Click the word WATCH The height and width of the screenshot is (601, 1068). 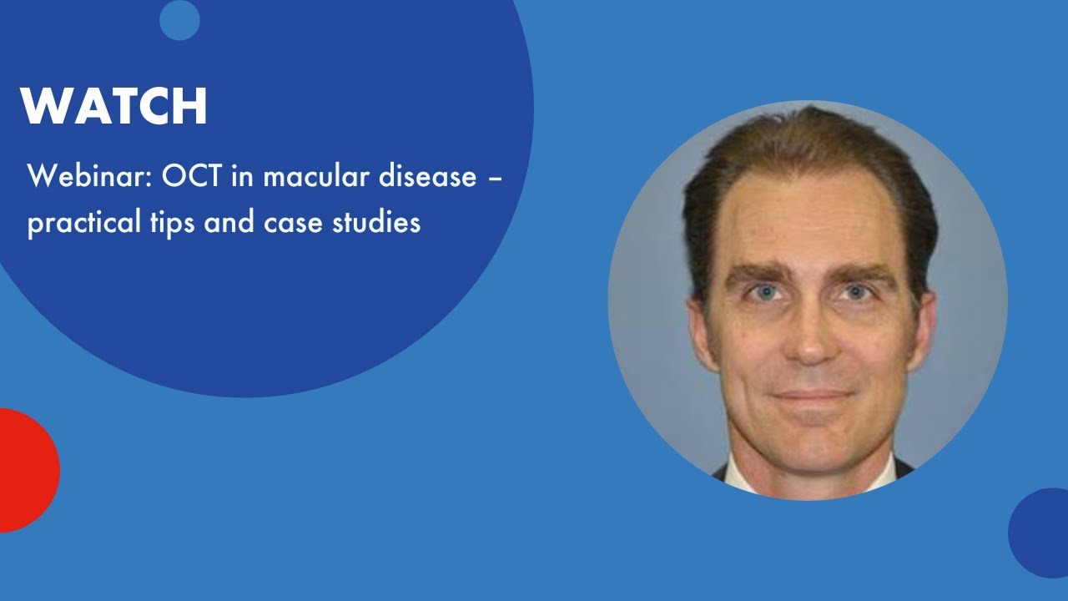pos(113,106)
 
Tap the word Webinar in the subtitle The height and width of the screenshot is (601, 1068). pos(74,177)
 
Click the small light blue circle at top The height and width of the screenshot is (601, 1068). pos(179,20)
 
